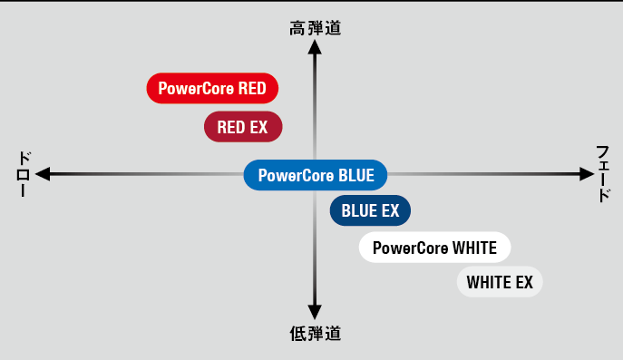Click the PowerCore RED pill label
[x=212, y=89]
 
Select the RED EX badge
[x=243, y=127]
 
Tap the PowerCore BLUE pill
[x=316, y=175]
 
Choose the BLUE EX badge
[x=370, y=211]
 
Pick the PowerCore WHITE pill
[x=434, y=248]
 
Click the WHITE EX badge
[x=500, y=282]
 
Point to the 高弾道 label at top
[x=315, y=29]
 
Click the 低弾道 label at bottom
[x=315, y=334]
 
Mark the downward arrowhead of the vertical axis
[x=315, y=310]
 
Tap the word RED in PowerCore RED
[x=252, y=89]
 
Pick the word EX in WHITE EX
[x=524, y=282]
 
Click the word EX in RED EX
[x=259, y=127]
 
